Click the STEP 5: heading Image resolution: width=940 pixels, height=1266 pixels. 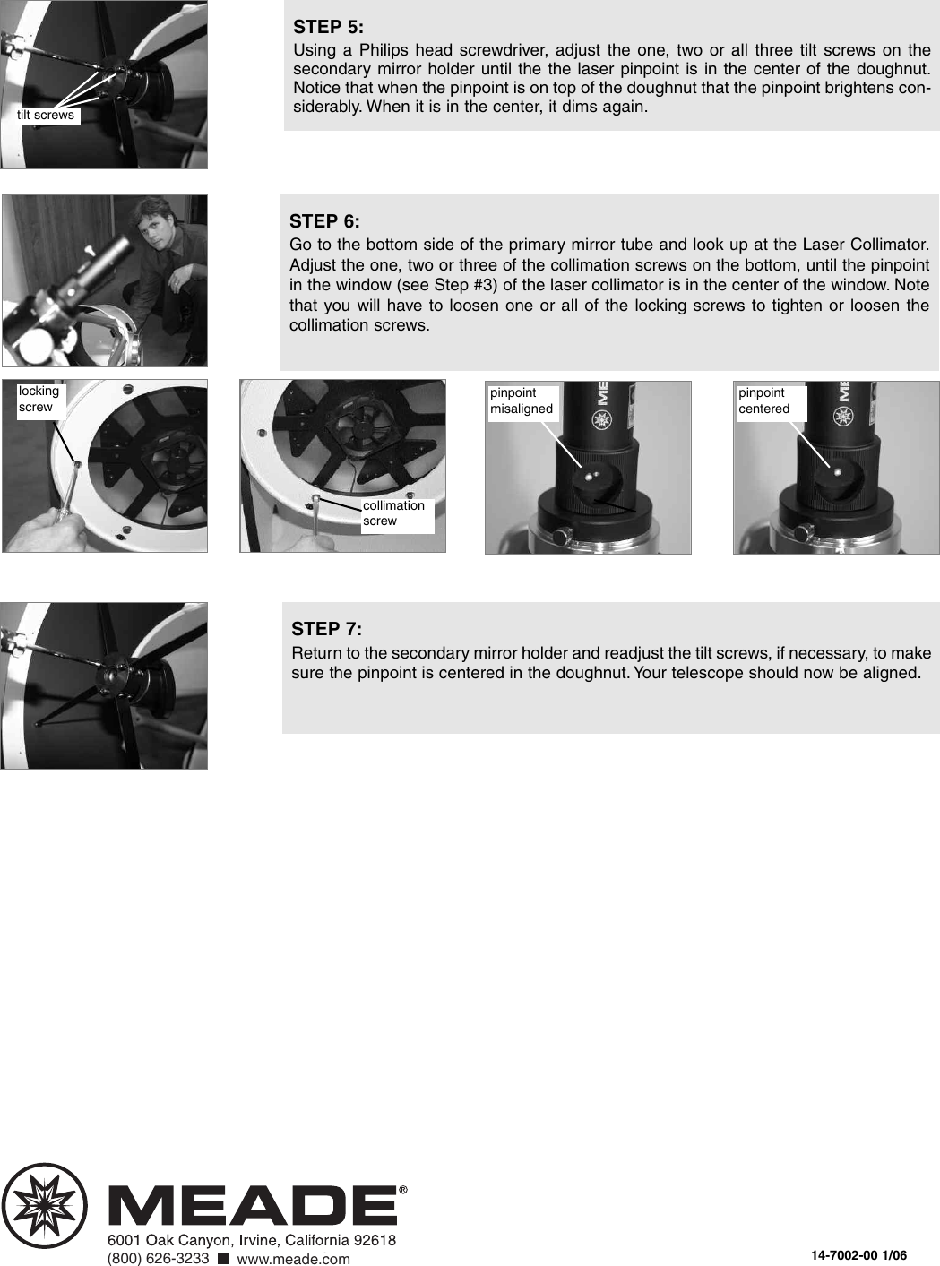coord(328,27)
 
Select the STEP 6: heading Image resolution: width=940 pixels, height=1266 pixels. coord(324,221)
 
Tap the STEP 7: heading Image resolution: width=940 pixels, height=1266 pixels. coord(326,629)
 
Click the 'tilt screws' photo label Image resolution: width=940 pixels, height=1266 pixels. coord(46,116)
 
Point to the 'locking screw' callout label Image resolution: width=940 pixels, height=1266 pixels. coord(39,399)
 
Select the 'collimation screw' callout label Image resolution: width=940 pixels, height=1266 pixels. coord(394,513)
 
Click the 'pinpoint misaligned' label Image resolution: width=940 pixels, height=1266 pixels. coord(522,401)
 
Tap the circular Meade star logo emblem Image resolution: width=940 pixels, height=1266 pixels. coord(45,1205)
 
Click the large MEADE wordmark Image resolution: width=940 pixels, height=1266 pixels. coord(253,1206)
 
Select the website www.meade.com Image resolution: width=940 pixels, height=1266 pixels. coord(293,1259)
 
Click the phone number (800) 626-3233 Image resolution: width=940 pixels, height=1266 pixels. coord(158,1259)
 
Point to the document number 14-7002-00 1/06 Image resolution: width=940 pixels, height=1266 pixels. coord(858,1255)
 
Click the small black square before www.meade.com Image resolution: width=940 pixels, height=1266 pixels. coord(223,1259)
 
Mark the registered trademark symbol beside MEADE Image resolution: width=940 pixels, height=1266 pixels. coord(402,1191)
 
